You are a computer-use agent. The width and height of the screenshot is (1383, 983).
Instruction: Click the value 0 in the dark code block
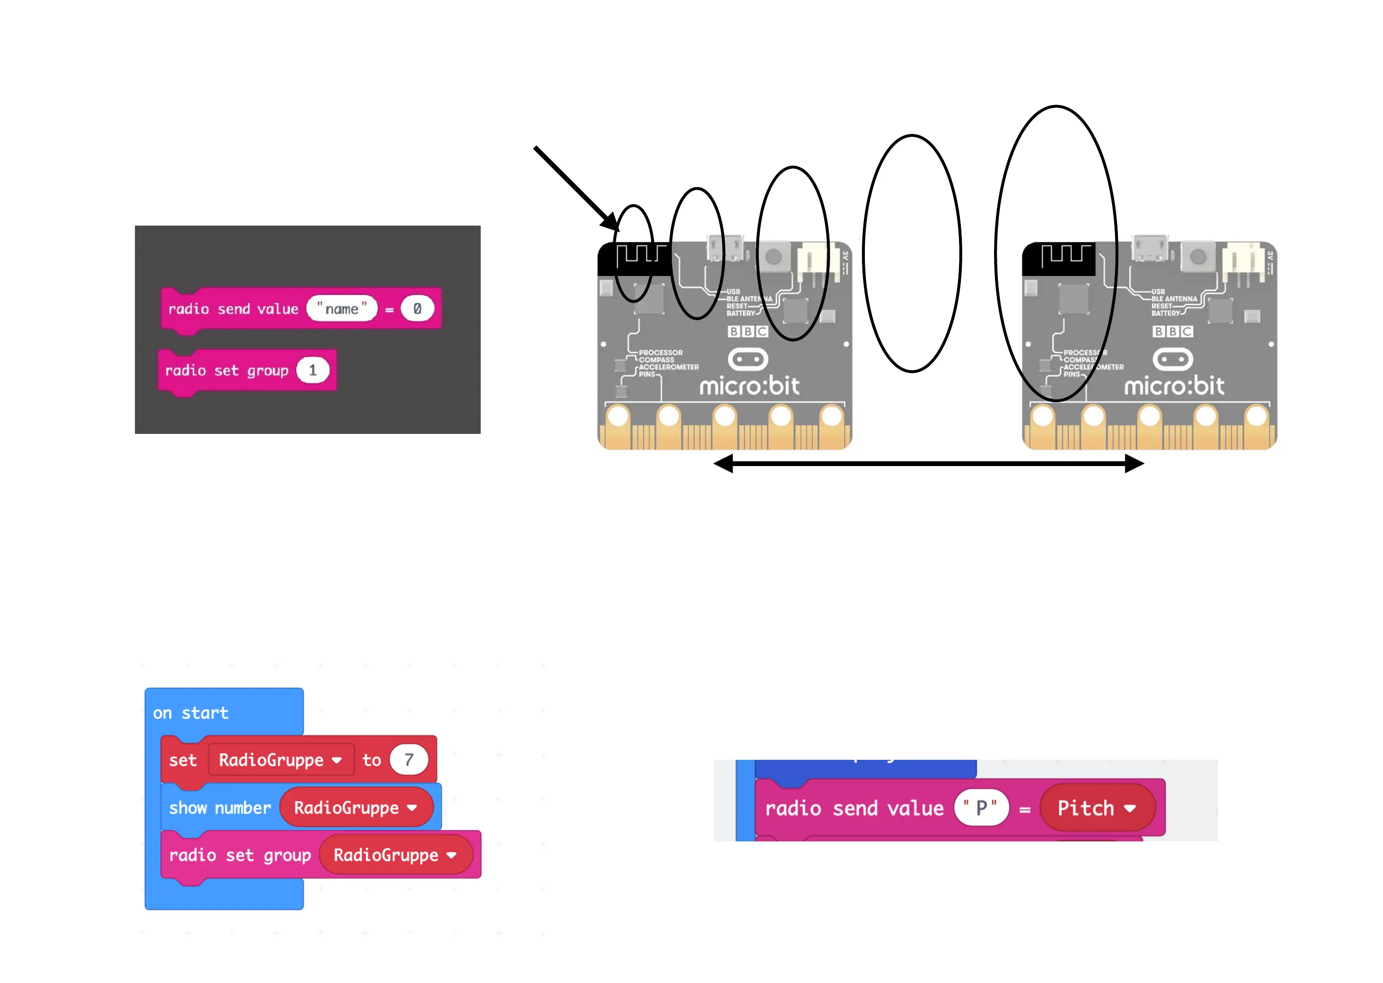click(x=417, y=309)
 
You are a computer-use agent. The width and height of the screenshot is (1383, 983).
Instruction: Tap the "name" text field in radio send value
click(x=341, y=309)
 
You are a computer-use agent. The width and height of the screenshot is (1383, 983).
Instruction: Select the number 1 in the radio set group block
click(x=313, y=371)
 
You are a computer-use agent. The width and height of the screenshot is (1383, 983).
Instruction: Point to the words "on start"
click(x=190, y=713)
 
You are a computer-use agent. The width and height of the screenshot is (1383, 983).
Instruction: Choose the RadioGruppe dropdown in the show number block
click(x=355, y=807)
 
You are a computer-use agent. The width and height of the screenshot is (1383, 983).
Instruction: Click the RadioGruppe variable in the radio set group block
click(x=395, y=855)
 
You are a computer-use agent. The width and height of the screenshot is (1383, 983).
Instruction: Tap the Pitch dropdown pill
click(x=1096, y=808)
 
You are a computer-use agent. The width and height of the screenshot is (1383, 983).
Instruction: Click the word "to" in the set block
click(x=371, y=760)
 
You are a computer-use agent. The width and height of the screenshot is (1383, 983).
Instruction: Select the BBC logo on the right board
click(x=1172, y=332)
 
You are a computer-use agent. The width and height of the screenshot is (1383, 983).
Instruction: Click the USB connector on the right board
click(x=1151, y=248)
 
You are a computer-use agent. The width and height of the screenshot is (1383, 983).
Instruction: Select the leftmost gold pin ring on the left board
click(x=618, y=417)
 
